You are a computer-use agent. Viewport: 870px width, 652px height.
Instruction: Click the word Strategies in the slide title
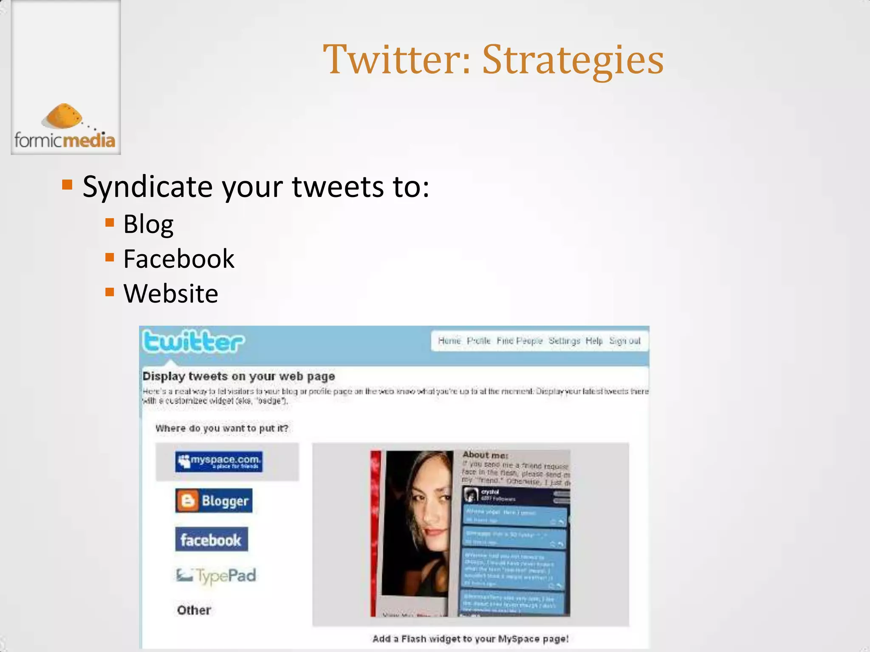(573, 60)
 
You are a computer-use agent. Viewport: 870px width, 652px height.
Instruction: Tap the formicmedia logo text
(65, 140)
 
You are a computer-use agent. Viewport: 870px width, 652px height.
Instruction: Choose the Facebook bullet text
(178, 259)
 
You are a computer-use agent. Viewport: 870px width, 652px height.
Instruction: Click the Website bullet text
(171, 293)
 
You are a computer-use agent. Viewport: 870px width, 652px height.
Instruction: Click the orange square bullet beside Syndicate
(67, 185)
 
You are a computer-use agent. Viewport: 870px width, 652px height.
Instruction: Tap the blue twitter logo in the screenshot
(193, 342)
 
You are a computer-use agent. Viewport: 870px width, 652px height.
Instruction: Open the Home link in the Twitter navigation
(449, 341)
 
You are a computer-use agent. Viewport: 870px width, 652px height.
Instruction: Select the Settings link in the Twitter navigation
(564, 341)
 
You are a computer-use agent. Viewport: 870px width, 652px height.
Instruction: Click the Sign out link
(624, 341)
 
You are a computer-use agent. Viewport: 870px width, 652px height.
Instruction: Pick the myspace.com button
(219, 461)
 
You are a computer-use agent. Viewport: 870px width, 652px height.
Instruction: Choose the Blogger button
(214, 501)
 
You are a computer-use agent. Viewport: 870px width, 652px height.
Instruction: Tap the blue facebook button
(211, 540)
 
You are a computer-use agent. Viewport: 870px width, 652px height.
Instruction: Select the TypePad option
(216, 576)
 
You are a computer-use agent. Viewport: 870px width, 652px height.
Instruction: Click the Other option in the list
(194, 610)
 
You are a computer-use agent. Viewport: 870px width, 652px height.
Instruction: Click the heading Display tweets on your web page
(239, 377)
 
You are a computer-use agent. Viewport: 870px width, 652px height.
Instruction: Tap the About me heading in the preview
(486, 455)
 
